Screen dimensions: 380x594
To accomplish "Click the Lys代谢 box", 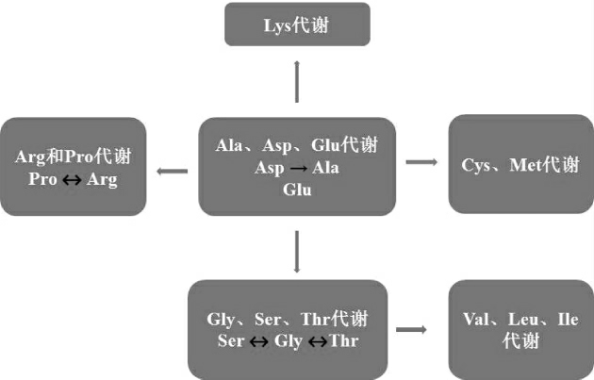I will [297, 24].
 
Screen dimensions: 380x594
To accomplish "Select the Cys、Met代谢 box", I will [520, 165].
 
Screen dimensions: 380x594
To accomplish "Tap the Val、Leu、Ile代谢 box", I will [520, 329].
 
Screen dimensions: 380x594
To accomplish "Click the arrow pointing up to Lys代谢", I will [297, 79].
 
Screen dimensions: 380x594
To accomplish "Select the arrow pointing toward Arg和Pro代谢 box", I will [172, 171].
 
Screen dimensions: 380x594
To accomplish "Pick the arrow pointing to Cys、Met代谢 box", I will [421, 162].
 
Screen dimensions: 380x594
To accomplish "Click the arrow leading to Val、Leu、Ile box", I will [411, 329].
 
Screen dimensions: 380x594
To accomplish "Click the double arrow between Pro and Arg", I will [73, 180].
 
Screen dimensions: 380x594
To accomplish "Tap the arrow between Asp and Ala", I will [297, 168].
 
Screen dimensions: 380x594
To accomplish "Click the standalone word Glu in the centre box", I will [297, 189].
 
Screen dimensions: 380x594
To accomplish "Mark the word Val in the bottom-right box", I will [480, 319].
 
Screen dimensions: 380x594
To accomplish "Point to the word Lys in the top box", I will [279, 25].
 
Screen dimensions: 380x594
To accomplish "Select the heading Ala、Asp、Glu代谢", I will [297, 145].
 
